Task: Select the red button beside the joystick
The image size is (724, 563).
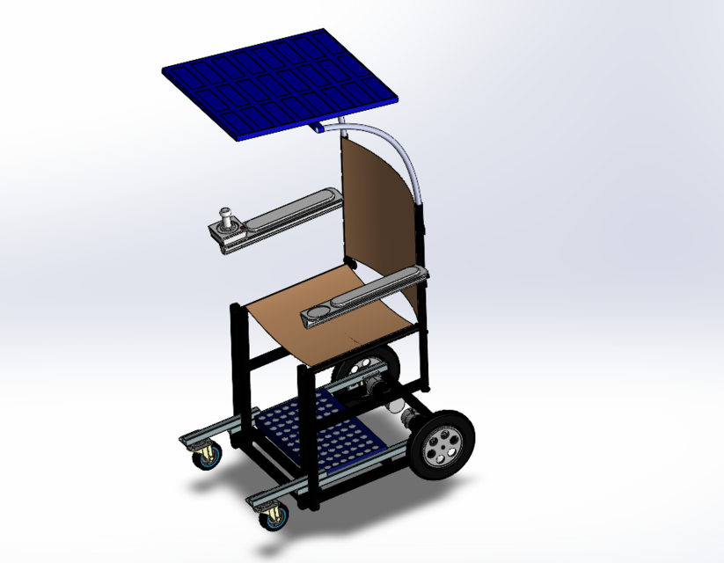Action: (242, 231)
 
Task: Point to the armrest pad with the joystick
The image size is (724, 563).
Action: (290, 208)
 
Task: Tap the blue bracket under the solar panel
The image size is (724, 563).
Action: (316, 128)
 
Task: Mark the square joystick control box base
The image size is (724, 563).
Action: (227, 236)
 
